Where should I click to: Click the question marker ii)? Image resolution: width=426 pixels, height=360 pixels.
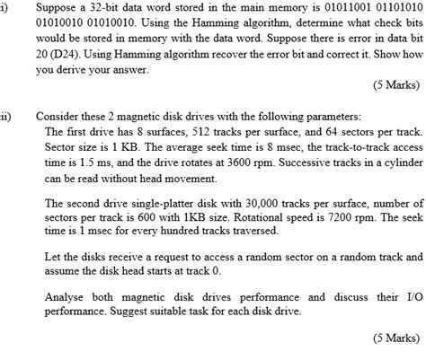[6, 116]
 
